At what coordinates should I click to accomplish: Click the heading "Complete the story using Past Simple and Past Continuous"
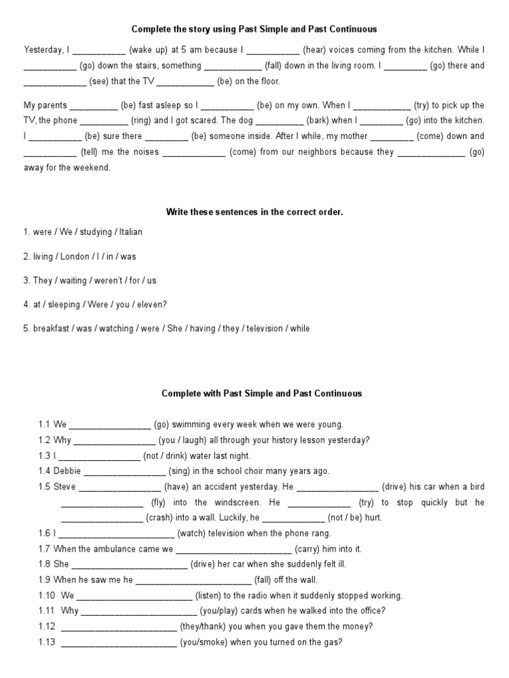pos(254,29)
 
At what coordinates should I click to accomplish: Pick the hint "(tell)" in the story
pos(91,152)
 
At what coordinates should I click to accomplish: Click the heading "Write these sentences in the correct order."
pos(254,213)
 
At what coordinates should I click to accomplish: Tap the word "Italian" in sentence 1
pos(131,232)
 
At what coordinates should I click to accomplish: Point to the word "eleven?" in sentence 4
pos(151,305)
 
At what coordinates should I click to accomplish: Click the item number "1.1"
pos(44,424)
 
